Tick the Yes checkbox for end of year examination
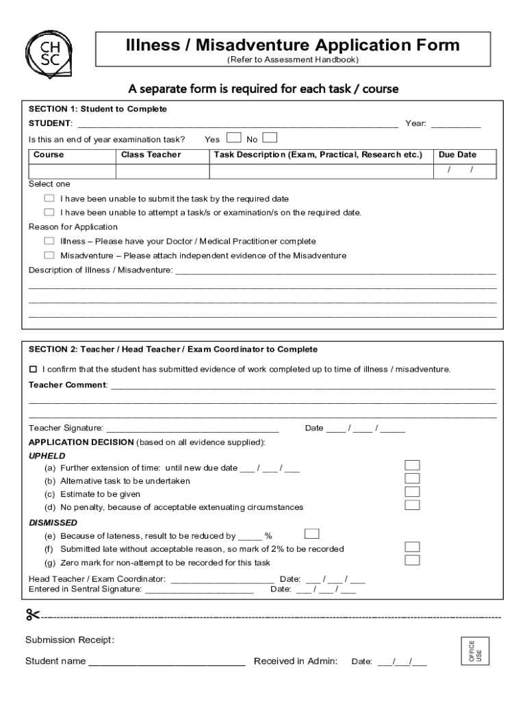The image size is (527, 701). [x=233, y=138]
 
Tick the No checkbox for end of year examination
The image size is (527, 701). [x=270, y=138]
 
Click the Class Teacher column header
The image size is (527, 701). [x=151, y=155]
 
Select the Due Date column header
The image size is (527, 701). [x=457, y=155]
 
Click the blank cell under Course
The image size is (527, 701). [x=70, y=170]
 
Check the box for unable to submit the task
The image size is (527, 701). [x=49, y=199]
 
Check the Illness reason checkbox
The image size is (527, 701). [x=49, y=241]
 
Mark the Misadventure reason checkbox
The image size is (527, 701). [x=49, y=255]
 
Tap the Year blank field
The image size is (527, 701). [x=455, y=124]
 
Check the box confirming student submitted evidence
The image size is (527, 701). [x=33, y=369]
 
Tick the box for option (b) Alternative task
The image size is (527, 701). [x=412, y=479]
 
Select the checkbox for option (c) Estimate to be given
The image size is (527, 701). [x=412, y=492]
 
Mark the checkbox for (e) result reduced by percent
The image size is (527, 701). [x=311, y=533]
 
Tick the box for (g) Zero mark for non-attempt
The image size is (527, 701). [x=412, y=561]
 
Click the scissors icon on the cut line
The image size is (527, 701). [x=34, y=615]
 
